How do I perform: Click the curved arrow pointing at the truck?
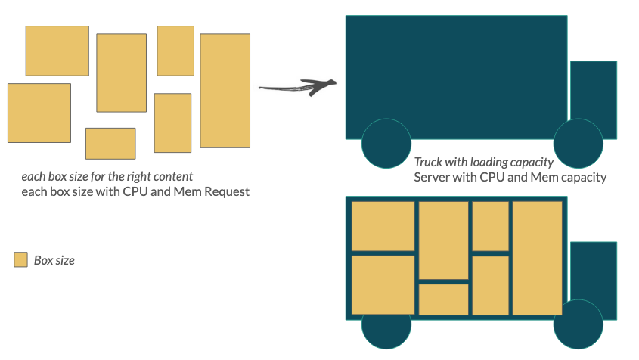point(297,87)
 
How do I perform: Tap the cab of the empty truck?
point(593,95)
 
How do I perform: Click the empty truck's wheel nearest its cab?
point(578,144)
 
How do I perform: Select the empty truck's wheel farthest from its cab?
point(386,144)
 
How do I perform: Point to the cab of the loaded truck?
point(593,277)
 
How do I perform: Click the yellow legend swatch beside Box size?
point(21,260)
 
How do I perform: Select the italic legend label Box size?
point(54,260)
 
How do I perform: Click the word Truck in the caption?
point(428,163)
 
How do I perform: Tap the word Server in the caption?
point(430,178)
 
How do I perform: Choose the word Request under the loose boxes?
point(225,192)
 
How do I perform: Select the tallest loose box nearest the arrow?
point(225,90)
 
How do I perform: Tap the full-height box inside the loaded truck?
point(537,257)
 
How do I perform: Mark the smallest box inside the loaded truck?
point(443,299)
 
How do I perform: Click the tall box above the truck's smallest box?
point(443,240)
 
